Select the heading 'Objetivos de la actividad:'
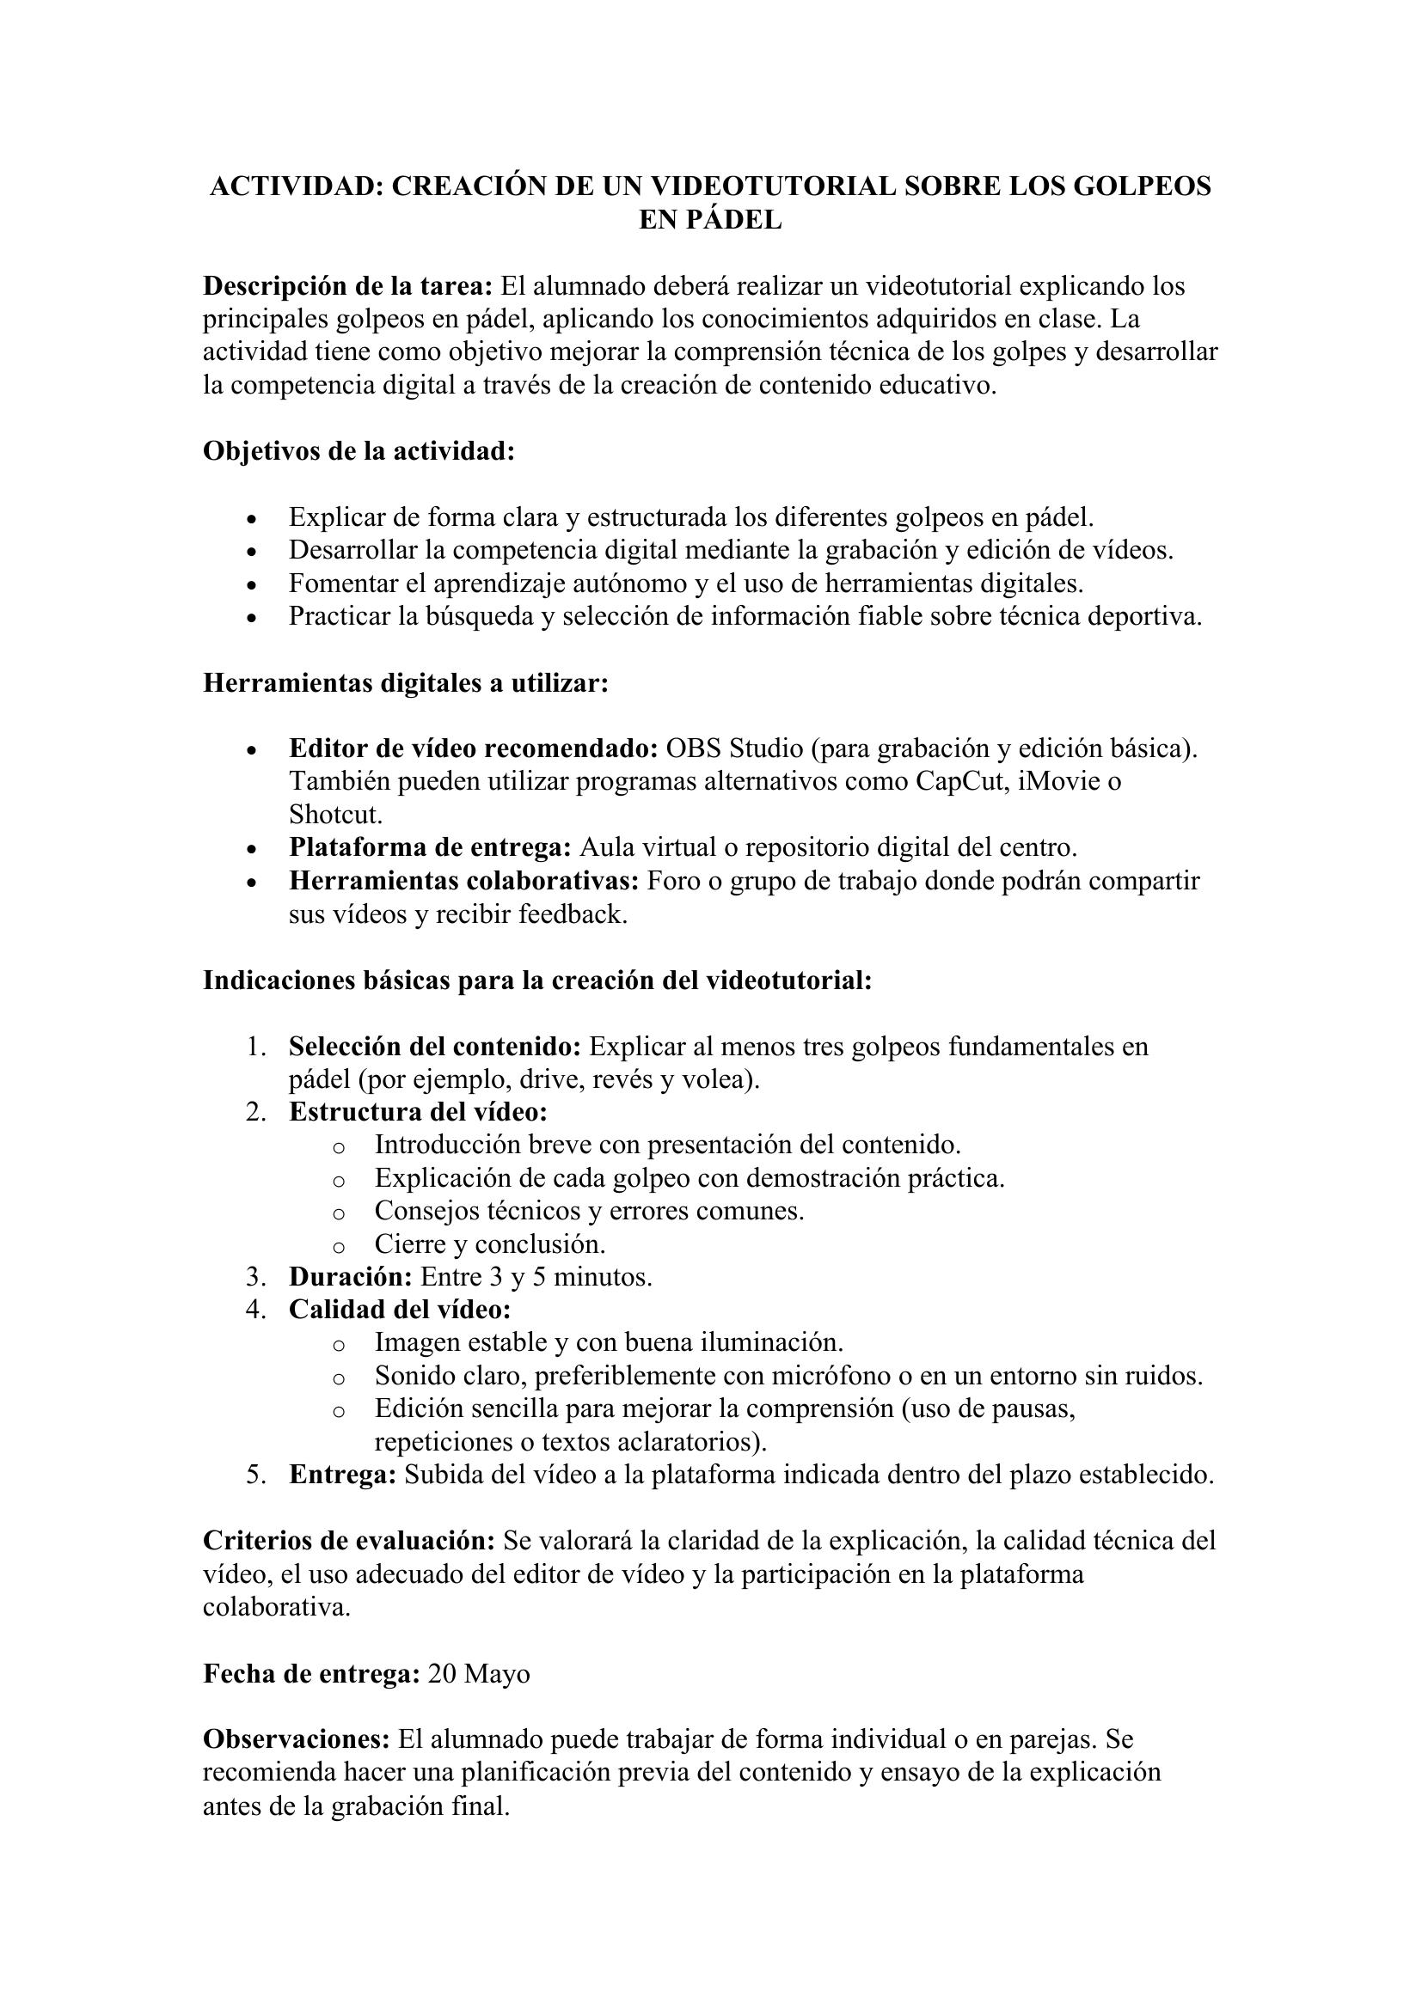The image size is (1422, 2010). pyautogui.click(x=359, y=451)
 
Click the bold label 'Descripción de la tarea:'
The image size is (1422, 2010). pyautogui.click(x=348, y=286)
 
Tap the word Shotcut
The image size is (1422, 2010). pyautogui.click(x=335, y=814)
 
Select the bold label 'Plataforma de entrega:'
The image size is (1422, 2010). pyautogui.click(x=430, y=847)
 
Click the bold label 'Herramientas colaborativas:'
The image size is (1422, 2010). pyautogui.click(x=464, y=881)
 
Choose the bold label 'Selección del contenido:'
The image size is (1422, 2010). pyautogui.click(x=435, y=1046)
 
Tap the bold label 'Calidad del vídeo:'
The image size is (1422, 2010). pyautogui.click(x=400, y=1310)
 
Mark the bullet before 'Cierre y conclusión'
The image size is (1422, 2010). pyautogui.click(x=339, y=1245)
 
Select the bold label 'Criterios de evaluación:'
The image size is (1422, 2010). pyautogui.click(x=349, y=1541)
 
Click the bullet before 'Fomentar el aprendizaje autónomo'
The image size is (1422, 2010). pyautogui.click(x=252, y=585)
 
